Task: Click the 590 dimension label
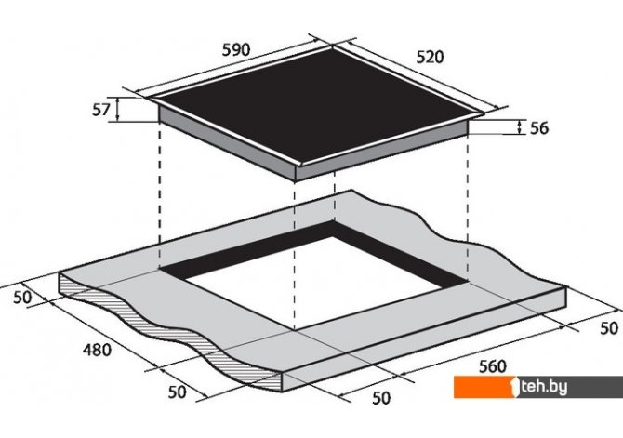pyautogui.click(x=236, y=50)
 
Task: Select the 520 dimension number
pyautogui.click(x=430, y=58)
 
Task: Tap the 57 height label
pyautogui.click(x=101, y=110)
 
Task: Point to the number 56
pyautogui.click(x=539, y=128)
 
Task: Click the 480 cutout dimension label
pyautogui.click(x=98, y=350)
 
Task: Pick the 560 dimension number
pyautogui.click(x=493, y=366)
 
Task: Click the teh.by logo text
pyautogui.click(x=544, y=387)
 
